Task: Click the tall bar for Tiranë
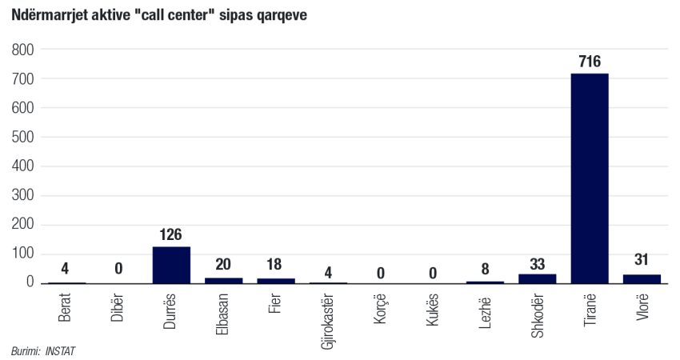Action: click(590, 178)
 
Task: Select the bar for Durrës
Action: click(171, 265)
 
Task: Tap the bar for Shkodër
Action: click(538, 278)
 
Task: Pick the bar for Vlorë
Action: click(642, 278)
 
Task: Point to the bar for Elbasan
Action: click(223, 280)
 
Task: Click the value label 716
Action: click(590, 62)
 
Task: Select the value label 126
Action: click(171, 234)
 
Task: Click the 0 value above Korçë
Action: click(381, 272)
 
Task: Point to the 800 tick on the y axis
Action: click(24, 50)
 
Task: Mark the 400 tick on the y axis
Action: click(24, 166)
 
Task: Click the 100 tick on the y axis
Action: click(24, 254)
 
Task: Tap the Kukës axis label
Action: click(433, 307)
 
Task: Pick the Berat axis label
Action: click(66, 306)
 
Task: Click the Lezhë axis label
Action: click(486, 306)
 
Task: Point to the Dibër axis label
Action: click(118, 306)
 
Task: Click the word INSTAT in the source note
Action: click(61, 350)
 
